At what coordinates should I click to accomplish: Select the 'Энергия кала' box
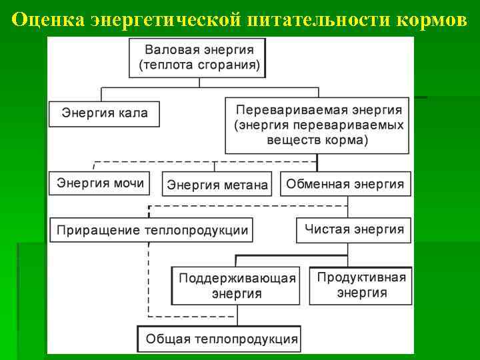click(105, 113)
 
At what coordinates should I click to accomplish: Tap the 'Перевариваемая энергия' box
click(317, 125)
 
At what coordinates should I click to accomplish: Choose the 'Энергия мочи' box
click(101, 183)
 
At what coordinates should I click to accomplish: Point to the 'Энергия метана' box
click(217, 185)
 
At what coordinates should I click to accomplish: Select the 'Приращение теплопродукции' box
click(152, 230)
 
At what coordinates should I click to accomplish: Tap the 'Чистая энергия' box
click(354, 229)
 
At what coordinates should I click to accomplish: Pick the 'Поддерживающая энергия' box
click(237, 286)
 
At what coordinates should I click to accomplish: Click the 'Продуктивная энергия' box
click(361, 285)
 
